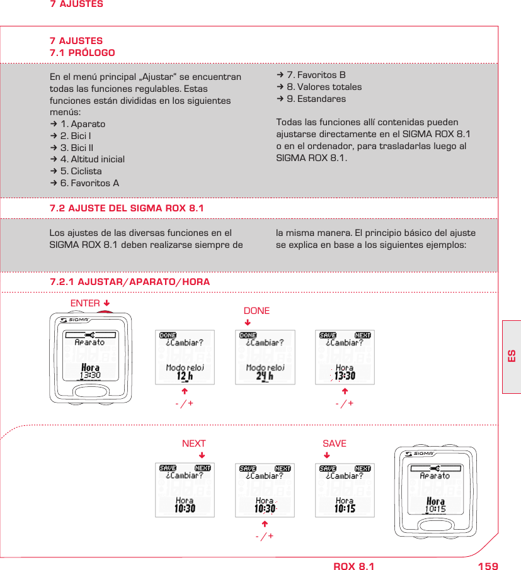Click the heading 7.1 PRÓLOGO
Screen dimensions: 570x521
82,53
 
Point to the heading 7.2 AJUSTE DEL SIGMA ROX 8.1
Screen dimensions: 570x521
127,209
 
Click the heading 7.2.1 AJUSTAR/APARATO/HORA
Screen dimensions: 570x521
130,282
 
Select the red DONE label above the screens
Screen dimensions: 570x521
256,311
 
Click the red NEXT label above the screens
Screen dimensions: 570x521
193,444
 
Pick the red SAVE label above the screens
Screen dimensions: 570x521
334,444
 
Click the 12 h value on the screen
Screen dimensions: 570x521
185,376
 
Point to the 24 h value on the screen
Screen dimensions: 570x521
265,376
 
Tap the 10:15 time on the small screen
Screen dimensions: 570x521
345,508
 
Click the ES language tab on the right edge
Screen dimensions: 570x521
512,356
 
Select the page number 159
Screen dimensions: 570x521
488,566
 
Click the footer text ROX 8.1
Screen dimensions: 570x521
353,566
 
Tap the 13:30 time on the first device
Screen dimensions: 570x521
90,376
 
